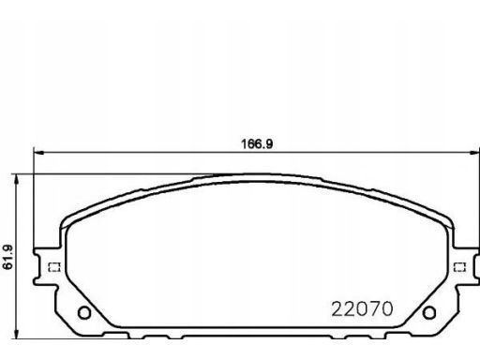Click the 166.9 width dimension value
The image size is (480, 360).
(x=257, y=143)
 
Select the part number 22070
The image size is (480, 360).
(x=362, y=309)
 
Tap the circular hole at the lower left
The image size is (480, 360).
(x=84, y=312)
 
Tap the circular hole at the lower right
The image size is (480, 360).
(x=429, y=312)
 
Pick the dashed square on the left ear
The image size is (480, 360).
(x=54, y=267)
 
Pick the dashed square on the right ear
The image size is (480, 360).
(x=459, y=267)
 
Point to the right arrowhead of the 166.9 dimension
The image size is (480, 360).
(x=475, y=153)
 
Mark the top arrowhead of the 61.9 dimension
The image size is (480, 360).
(x=17, y=179)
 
